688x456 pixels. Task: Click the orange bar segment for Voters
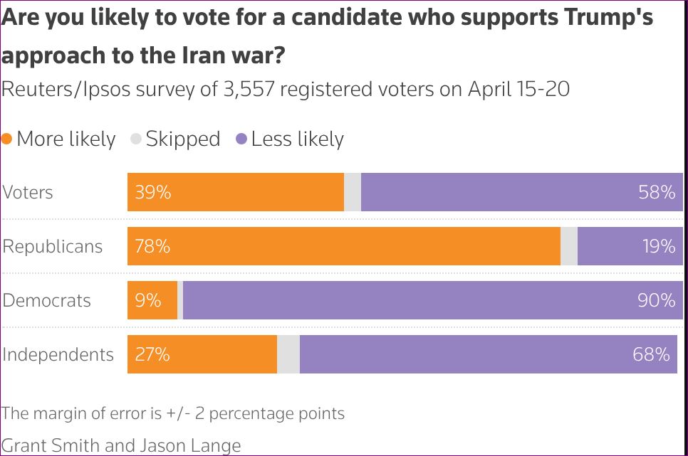coord(235,192)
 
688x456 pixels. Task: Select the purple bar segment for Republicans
coord(630,246)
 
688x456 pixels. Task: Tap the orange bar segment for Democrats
coord(152,300)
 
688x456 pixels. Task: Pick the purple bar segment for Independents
coord(488,354)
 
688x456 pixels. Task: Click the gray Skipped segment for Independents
coord(288,354)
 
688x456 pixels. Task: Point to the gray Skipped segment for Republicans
coord(569,246)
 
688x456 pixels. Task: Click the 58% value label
coord(657,192)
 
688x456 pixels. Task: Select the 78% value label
coord(152,246)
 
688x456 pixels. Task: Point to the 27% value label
coord(152,354)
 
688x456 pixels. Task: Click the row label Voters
coord(28,192)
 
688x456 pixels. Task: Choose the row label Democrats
coord(47,300)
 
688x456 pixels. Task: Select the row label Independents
coord(58,354)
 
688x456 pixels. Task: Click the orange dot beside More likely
coord(7,139)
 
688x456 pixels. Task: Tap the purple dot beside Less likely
coord(241,139)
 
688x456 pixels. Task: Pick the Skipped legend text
coord(183,139)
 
